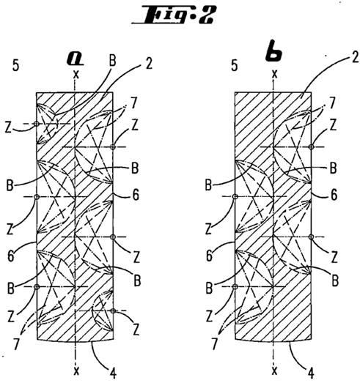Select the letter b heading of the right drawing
pos(273,53)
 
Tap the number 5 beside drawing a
pos(16,66)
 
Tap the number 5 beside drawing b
pos(235,65)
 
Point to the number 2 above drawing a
pos(149,64)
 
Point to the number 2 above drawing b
pos(355,58)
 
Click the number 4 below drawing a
pos(113,373)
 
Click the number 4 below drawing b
pos(310,373)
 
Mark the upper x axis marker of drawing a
pos(76,74)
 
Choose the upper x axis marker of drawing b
pos(275,74)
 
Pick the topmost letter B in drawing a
pos(112,60)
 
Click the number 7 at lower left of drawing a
pos(16,344)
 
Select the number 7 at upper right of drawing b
pos(331,103)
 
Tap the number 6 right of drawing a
pos(135,195)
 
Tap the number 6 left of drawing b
pos(209,256)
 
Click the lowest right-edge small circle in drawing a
pos(113,311)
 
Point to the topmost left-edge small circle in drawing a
pos(37,124)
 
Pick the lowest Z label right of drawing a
pos(136,329)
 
